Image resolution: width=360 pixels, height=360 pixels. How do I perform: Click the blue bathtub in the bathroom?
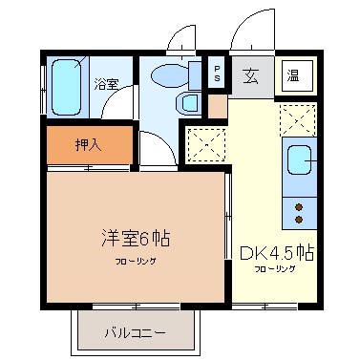67,87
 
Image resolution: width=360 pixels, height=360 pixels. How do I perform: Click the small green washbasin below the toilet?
189,102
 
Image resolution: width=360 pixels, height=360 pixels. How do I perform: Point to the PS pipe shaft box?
218,73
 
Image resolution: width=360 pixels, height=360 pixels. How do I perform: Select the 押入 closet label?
88,145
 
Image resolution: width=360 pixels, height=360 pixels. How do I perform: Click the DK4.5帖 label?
277,253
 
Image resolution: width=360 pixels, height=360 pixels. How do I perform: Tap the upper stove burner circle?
299,206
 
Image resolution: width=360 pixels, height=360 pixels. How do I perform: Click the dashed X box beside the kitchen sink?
299,119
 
